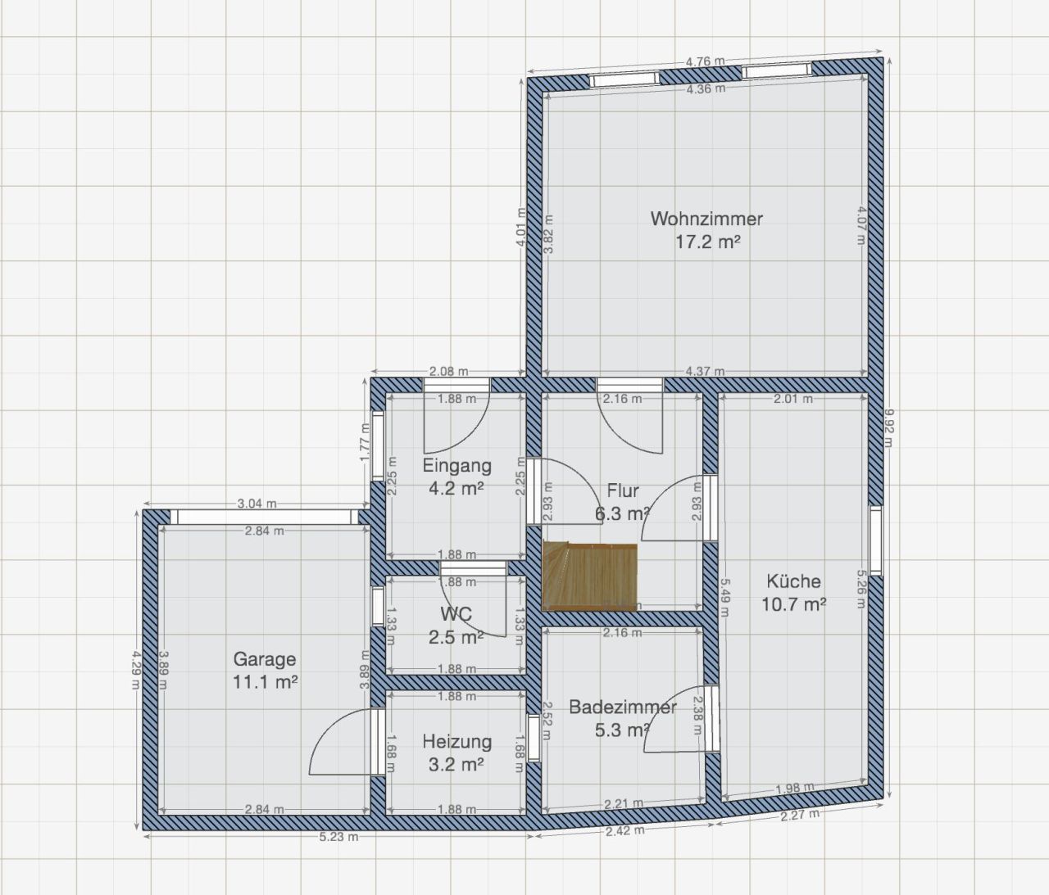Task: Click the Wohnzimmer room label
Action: pos(706,219)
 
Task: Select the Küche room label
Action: pos(793,581)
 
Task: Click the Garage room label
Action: pos(265,659)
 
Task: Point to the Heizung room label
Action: pos(456,742)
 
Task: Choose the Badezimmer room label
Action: pos(622,707)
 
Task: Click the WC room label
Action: pos(456,614)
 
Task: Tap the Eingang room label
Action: pos(456,466)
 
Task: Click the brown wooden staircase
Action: pos(591,576)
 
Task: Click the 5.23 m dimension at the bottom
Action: pos(338,837)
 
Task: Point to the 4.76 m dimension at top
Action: pos(705,61)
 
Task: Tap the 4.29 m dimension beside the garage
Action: pos(136,669)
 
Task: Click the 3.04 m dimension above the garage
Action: pos(257,504)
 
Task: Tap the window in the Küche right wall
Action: pos(876,540)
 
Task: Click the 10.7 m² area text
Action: pos(793,605)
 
